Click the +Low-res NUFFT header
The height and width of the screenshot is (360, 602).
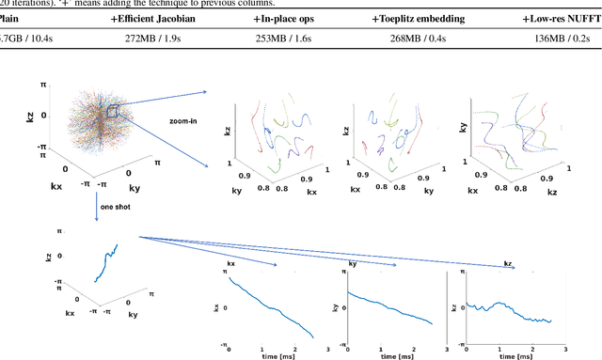click(x=562, y=18)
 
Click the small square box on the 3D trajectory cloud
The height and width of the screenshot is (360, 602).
click(x=111, y=113)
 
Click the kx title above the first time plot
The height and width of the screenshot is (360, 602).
click(x=231, y=265)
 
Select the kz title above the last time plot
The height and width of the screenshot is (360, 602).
click(x=509, y=264)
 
